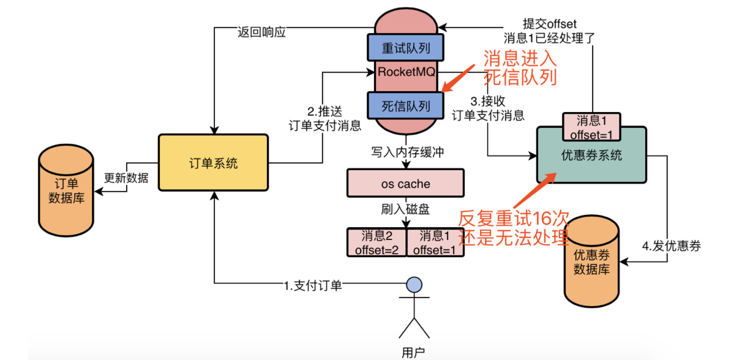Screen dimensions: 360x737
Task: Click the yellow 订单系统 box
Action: tap(213, 163)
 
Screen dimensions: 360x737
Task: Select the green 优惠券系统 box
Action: tap(591, 155)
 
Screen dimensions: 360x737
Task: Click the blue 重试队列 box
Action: tap(405, 46)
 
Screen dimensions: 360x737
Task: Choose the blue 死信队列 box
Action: tap(405, 105)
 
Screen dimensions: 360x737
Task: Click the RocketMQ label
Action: tap(406, 72)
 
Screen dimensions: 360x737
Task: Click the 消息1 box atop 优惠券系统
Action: tap(591, 127)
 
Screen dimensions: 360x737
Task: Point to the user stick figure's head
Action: tap(414, 284)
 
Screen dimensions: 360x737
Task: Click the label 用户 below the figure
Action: tap(413, 351)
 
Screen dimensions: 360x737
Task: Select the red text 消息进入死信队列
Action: tap(520, 68)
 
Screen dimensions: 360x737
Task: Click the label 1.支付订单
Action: tap(312, 285)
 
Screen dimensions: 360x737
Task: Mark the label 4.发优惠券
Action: tap(671, 247)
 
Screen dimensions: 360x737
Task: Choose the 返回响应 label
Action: tap(261, 32)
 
